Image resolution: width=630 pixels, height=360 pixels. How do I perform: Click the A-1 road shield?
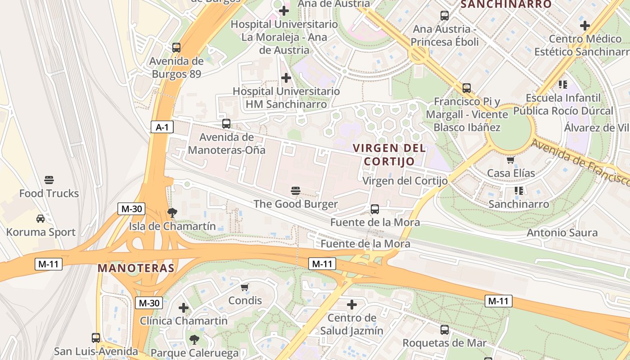162,127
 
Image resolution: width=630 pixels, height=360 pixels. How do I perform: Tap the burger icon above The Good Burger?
296,191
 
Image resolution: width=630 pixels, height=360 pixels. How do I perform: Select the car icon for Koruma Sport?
40,219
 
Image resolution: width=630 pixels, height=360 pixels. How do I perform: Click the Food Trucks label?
49,193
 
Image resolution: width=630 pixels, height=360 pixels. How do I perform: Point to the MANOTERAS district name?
136,268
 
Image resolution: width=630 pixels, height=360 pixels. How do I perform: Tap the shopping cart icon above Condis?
245,287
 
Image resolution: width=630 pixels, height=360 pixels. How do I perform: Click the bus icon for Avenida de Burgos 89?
176,47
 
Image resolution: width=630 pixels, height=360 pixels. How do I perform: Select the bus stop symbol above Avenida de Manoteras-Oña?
226,123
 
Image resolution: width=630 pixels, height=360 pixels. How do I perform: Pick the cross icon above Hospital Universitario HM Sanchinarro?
286,78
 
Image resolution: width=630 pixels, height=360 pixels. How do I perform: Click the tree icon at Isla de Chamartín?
172,212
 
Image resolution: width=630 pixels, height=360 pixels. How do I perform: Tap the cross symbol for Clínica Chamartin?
184,308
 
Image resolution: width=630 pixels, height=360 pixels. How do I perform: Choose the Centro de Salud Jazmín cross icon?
352,305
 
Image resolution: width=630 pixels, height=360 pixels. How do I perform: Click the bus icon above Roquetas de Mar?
445,330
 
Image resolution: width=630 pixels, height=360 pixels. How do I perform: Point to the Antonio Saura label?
562,233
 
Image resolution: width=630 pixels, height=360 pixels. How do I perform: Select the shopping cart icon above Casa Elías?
511,160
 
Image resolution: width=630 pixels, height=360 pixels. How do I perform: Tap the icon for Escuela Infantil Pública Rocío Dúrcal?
563,84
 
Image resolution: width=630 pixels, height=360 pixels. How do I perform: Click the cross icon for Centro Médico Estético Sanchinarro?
585,26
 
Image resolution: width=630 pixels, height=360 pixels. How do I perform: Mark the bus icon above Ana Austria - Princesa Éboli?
445,16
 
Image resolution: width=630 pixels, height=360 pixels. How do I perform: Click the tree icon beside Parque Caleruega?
194,339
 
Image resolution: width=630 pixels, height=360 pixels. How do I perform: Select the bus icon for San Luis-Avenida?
96,337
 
